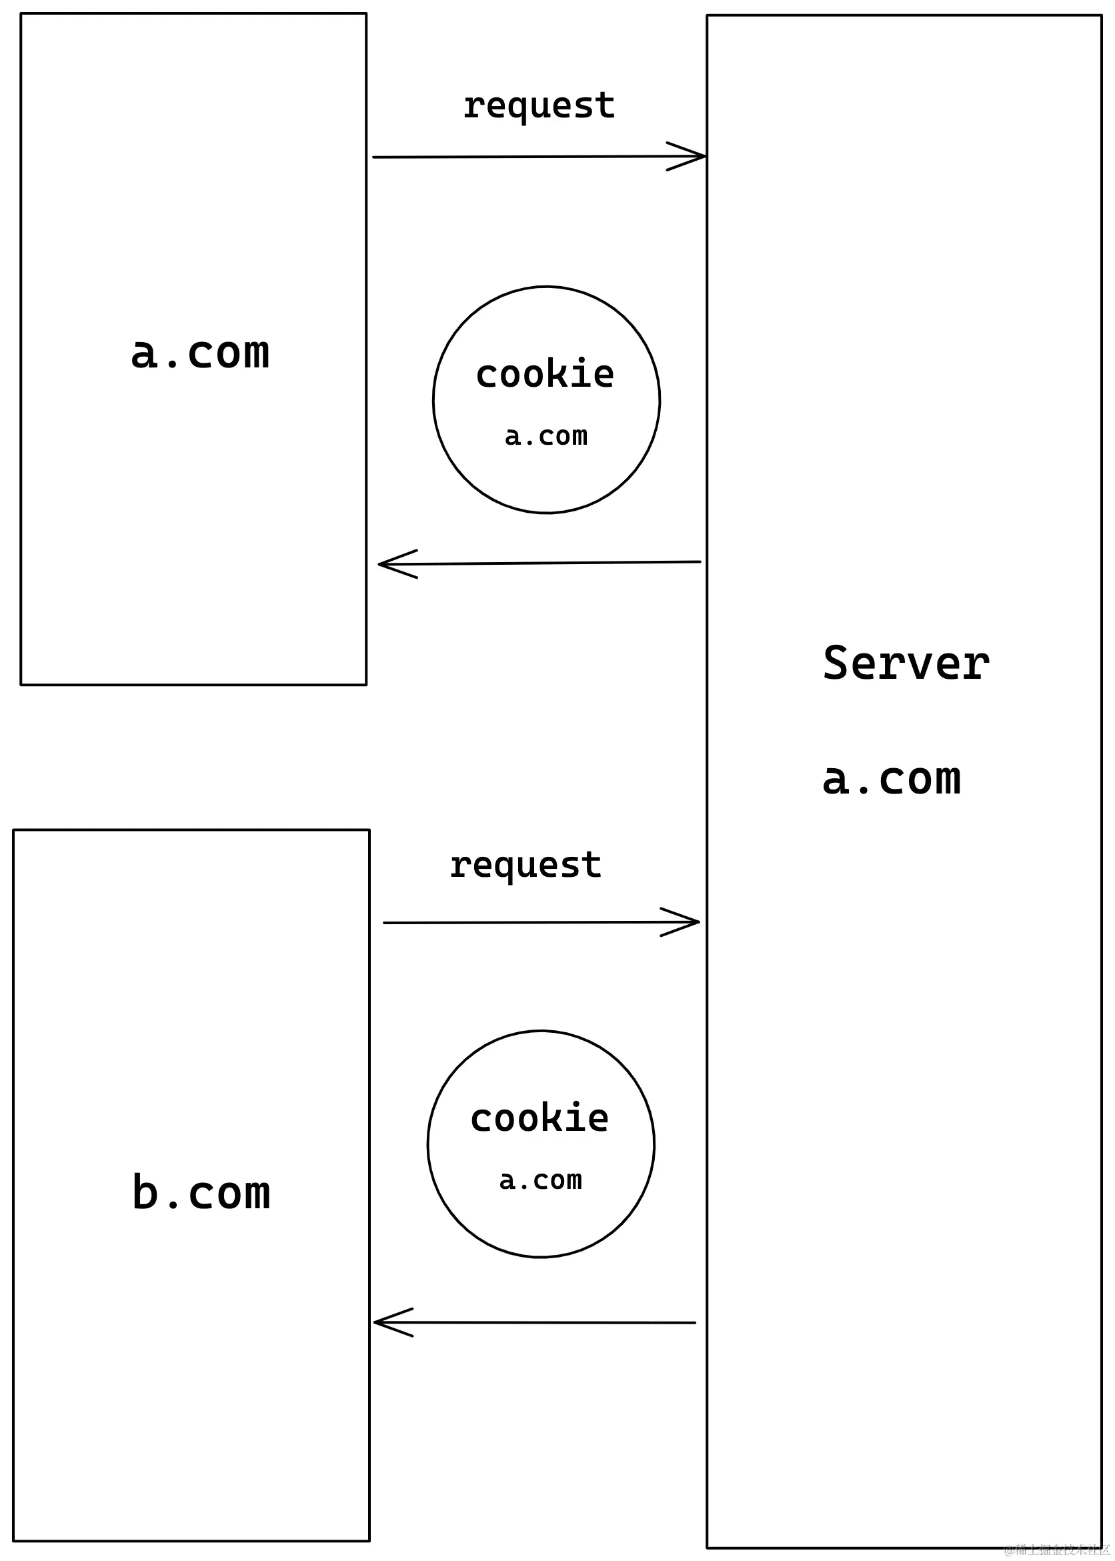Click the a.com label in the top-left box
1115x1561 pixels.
click(200, 353)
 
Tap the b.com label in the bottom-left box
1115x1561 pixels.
click(201, 1192)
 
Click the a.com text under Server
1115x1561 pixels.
click(891, 779)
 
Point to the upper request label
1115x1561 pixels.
click(539, 107)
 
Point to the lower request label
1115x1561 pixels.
click(525, 866)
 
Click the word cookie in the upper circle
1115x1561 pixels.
click(545, 374)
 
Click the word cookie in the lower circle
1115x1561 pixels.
click(539, 1118)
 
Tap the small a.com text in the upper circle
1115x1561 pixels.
click(545, 436)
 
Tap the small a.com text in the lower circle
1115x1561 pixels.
click(540, 1180)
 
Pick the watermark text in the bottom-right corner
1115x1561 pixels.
click(1058, 1548)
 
